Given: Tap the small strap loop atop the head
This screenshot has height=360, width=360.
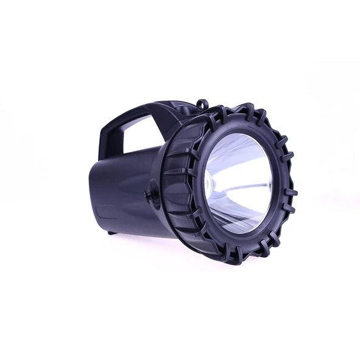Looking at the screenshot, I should coord(202,105).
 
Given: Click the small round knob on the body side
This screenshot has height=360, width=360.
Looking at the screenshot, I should coord(151,195).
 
